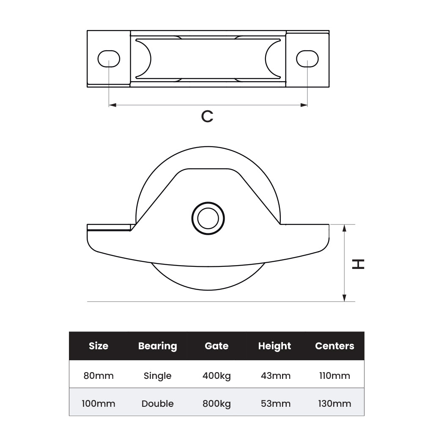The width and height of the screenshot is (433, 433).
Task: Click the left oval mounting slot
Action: pos(109,58)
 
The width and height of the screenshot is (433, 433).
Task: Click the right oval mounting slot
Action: pos(307,58)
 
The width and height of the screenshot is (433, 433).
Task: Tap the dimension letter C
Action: pos(207,116)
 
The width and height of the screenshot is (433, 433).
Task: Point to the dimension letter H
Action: pos(358,264)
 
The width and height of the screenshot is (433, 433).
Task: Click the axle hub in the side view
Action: pos(208,218)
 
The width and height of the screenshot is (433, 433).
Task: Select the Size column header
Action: pos(99,346)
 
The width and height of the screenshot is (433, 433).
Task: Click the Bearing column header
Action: pos(157,346)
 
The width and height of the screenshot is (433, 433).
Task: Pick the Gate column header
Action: pos(216,346)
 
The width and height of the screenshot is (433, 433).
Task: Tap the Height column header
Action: pos(275,346)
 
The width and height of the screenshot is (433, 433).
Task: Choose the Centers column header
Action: pos(334,346)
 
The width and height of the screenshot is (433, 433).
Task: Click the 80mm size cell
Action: pos(99,375)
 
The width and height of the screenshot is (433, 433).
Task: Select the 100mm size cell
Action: pos(99,403)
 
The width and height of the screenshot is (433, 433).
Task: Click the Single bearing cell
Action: pos(157,375)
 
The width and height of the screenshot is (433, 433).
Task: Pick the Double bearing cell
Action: pos(157,403)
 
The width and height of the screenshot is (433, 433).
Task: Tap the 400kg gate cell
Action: pos(216,375)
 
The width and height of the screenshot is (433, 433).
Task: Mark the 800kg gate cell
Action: pos(216,403)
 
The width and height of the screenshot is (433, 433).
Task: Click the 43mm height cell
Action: pos(275,375)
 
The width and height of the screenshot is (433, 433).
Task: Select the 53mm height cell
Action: pos(275,403)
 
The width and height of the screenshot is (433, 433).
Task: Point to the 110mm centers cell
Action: pos(334,375)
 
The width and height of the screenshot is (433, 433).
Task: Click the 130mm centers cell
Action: pos(334,403)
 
